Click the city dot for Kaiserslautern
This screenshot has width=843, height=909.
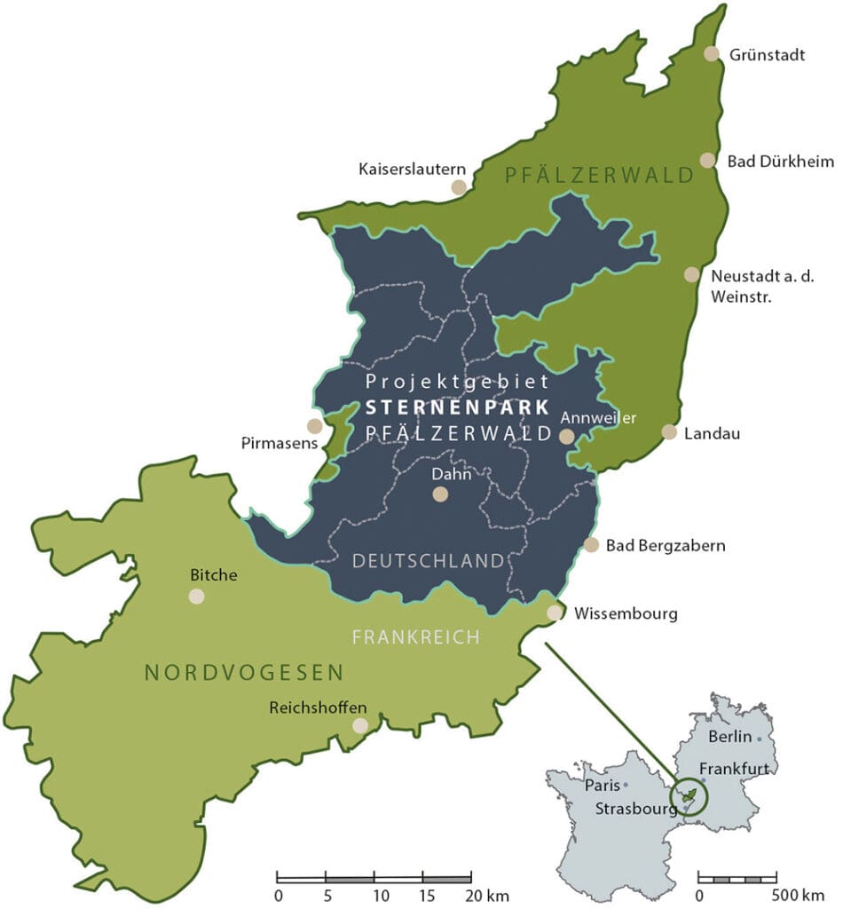point(459,186)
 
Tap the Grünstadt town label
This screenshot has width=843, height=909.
point(767,55)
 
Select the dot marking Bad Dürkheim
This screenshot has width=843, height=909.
point(707,161)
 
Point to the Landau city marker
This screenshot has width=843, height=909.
point(669,432)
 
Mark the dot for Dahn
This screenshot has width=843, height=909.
point(440,494)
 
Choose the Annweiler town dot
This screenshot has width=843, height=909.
point(566,436)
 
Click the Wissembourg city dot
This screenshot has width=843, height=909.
point(555,613)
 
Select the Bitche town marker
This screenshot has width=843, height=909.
point(197,596)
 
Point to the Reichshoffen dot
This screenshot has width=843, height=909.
point(360,725)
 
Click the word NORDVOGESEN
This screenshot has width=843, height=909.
point(244,673)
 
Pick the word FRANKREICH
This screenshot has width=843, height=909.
point(415,636)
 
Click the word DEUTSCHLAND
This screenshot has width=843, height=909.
point(428,561)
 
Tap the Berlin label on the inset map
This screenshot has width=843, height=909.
point(729,737)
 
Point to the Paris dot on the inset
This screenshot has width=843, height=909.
point(626,786)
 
